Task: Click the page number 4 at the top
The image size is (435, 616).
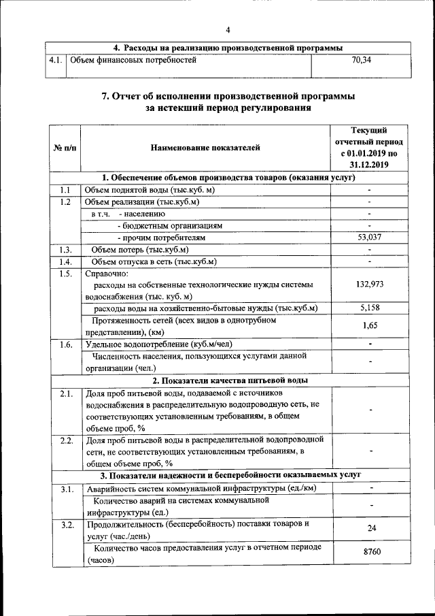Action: (x=228, y=29)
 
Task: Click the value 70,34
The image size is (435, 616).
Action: (x=361, y=61)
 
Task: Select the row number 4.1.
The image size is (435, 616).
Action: (x=56, y=61)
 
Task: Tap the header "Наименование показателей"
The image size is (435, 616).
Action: (x=205, y=147)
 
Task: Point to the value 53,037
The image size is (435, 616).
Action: (x=369, y=238)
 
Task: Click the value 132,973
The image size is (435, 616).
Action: (x=369, y=284)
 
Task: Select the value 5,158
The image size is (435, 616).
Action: (x=369, y=308)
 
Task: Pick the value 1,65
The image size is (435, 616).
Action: (x=369, y=326)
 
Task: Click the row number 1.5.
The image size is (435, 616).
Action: (x=65, y=274)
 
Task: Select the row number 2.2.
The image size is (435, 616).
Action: (x=65, y=440)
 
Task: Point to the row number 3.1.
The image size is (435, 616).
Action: (x=65, y=489)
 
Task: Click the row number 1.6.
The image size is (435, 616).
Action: (x=65, y=344)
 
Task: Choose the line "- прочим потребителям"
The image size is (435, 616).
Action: (x=161, y=238)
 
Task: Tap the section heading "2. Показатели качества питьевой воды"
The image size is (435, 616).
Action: (x=229, y=380)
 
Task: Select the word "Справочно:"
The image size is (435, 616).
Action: (x=102, y=274)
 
